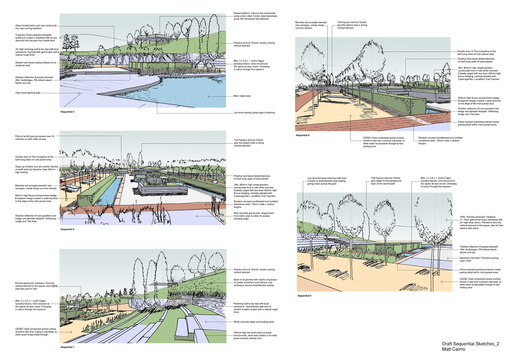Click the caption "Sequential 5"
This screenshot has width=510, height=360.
point(67,112)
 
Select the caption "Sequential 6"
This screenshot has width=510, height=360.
point(67,229)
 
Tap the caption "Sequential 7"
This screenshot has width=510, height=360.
point(67,347)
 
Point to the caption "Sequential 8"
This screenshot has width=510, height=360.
point(302,135)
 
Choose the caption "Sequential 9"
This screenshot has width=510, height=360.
point(304,296)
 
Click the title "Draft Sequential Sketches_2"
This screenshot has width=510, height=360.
point(470,344)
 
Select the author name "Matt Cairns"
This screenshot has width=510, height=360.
point(453,349)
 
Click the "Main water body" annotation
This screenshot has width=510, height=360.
point(242,96)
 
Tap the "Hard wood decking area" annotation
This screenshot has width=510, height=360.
point(28,93)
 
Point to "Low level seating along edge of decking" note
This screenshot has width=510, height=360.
point(254,112)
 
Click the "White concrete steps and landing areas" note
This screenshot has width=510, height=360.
point(254,322)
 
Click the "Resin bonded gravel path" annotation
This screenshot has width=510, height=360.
point(254,216)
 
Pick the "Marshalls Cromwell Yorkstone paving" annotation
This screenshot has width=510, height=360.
point(479,259)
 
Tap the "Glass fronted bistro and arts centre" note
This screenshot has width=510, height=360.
point(36,27)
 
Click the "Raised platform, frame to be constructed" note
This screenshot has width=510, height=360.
point(255,16)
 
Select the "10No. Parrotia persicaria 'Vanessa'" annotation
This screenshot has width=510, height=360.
point(481,222)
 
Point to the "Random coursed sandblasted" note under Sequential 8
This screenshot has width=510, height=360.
point(440,140)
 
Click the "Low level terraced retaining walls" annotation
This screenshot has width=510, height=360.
point(327,181)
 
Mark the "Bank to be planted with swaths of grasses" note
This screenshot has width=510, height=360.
point(255,282)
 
